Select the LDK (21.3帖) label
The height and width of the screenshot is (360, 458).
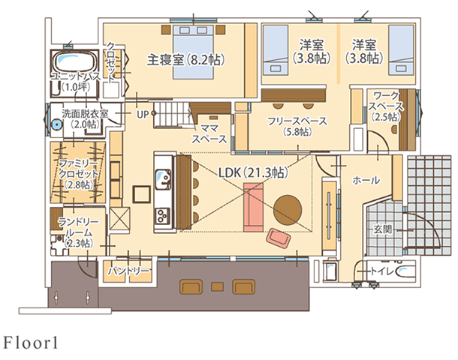click(253, 172)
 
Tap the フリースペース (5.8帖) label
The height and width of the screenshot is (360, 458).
click(291, 125)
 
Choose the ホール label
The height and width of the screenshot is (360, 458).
click(366, 181)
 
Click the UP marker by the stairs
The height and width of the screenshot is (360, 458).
click(143, 115)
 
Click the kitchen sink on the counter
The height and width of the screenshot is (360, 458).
click(163, 179)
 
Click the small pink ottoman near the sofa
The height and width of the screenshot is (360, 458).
click(279, 238)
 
